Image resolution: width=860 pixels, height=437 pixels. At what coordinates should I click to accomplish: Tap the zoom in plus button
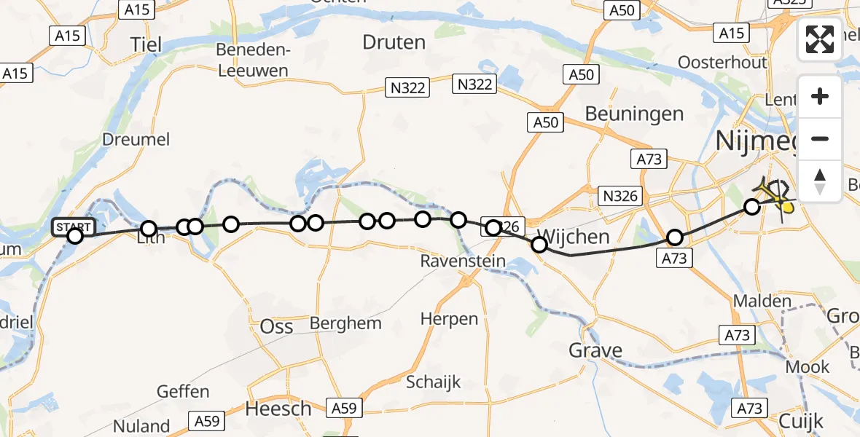[820, 96]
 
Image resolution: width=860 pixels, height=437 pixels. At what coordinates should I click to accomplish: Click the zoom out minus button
[820, 138]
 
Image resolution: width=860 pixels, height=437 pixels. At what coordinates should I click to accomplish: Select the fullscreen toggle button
[820, 40]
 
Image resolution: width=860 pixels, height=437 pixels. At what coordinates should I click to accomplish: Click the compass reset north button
[820, 181]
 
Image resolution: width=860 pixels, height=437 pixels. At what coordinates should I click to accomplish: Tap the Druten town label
[394, 42]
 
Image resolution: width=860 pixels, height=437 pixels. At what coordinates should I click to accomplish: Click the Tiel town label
[146, 45]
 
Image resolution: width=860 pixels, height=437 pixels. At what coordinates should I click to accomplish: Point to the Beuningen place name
[635, 114]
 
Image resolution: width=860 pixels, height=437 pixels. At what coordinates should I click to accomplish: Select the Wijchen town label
[572, 237]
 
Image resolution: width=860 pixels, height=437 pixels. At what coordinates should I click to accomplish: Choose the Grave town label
[596, 351]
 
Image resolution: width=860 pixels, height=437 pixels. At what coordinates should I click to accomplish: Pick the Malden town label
[762, 301]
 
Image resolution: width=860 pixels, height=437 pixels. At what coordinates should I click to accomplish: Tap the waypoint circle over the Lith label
[149, 229]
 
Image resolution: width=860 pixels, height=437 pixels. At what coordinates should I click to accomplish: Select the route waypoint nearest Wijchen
[539, 245]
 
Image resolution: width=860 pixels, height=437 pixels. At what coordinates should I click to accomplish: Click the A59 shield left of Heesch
[207, 420]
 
